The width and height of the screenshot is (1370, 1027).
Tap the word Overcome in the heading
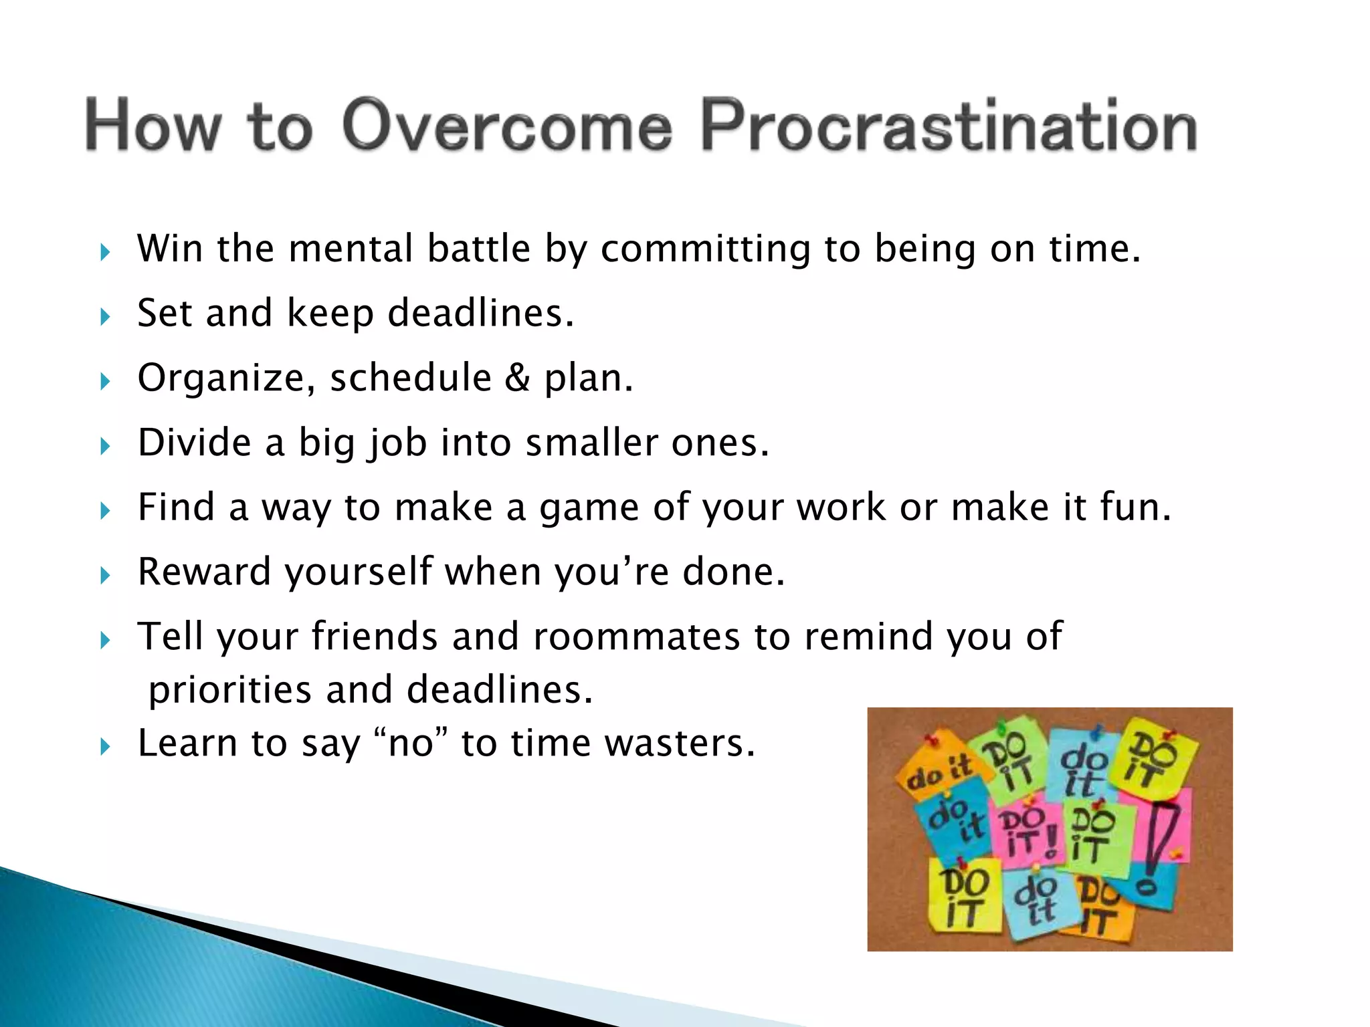click(507, 126)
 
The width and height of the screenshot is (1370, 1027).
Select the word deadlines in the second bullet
click(480, 313)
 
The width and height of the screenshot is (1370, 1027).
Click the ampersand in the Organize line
click(517, 378)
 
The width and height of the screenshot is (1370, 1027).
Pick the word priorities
click(230, 691)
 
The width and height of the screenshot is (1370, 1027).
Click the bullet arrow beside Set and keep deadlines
click(105, 316)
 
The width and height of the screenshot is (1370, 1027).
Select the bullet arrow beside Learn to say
click(105, 746)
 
